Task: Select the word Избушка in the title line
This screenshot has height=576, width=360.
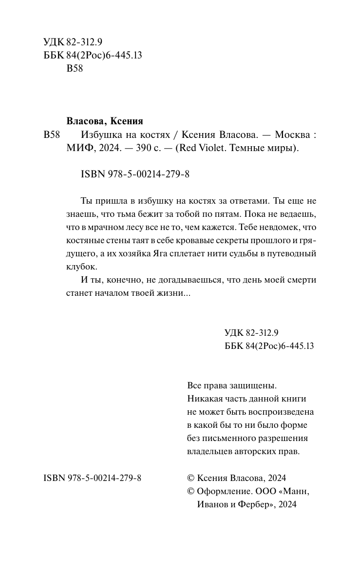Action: (x=97, y=135)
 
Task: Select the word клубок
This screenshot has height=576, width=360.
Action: (x=81, y=267)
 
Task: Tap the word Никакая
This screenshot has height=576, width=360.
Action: (x=205, y=399)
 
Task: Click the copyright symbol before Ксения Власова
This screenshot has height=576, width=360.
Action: (x=191, y=478)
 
